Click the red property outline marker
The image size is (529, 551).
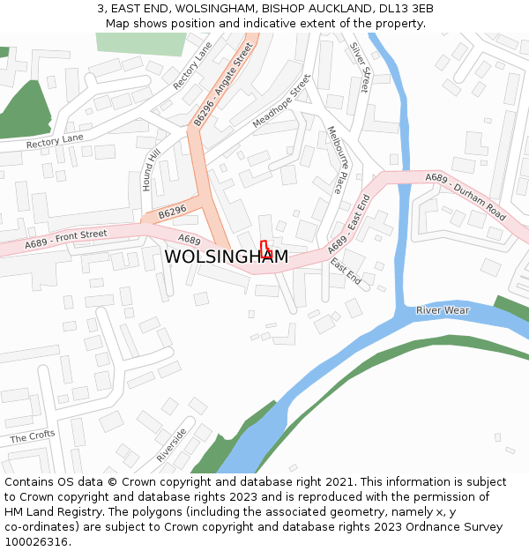pyautogui.click(x=264, y=249)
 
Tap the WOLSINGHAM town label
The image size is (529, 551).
pyautogui.click(x=226, y=257)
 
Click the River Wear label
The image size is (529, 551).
pyautogui.click(x=443, y=310)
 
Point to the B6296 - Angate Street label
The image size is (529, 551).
pyautogui.click(x=223, y=83)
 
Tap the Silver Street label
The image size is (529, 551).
pyautogui.click(x=359, y=67)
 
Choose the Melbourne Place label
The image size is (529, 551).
pyautogui.click(x=335, y=159)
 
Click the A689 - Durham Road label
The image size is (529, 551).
pyautogui.click(x=466, y=196)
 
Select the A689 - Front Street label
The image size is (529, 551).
pyautogui.click(x=66, y=239)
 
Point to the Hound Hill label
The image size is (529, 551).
pyautogui.click(x=151, y=170)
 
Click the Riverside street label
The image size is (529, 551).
pyautogui.click(x=171, y=445)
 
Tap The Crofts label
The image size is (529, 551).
pyautogui.click(x=33, y=436)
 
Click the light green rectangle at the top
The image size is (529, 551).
pyautogui.click(x=133, y=44)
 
